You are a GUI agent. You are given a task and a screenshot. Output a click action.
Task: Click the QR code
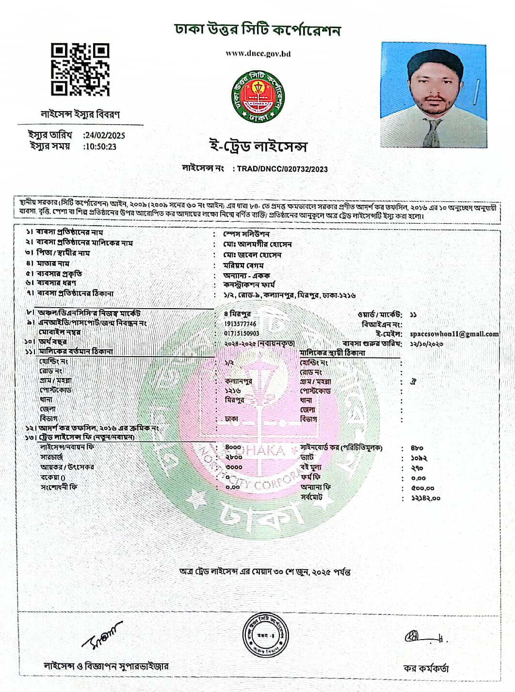pos(80,69)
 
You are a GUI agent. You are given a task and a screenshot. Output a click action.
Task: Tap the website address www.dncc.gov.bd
pos(258,53)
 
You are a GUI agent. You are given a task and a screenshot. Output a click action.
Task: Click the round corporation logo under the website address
pos(258,96)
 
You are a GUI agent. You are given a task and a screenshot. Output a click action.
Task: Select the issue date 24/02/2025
pos(104,135)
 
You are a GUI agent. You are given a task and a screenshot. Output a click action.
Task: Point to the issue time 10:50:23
pos(100,147)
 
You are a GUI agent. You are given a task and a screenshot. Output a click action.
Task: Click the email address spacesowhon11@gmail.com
pos(454,334)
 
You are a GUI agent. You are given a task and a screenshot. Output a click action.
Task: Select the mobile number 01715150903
pos(241,333)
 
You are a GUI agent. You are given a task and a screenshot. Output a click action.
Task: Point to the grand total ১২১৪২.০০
pos(425,498)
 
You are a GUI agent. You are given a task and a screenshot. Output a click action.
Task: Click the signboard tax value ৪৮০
pos(417,448)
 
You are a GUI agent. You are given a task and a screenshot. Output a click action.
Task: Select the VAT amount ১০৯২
pos(418,458)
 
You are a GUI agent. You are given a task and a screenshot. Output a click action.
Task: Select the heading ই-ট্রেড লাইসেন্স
pos(257,146)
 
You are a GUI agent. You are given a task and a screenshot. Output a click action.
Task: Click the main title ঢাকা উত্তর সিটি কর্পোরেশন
pos(257,31)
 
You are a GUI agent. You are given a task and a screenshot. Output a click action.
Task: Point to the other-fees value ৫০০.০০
pos(422,488)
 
